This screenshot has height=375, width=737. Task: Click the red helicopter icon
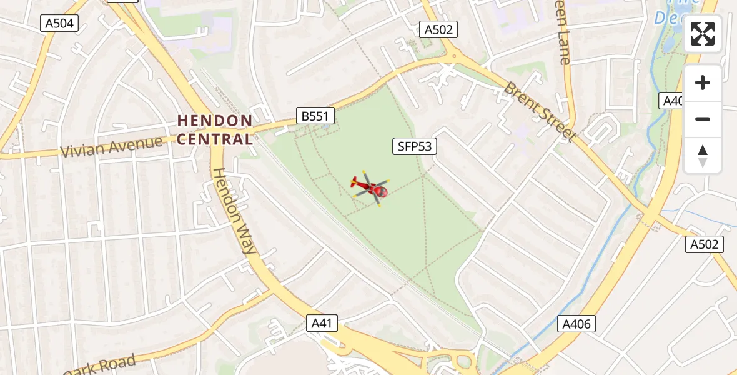[x=370, y=187]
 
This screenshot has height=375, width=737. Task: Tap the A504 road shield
[x=59, y=24]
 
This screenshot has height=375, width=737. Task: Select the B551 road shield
[x=315, y=116]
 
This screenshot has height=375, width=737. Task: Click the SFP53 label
[x=414, y=146]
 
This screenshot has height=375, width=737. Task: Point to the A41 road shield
[x=323, y=323]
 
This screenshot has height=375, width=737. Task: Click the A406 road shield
[x=576, y=324]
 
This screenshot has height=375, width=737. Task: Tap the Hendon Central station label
[x=215, y=129]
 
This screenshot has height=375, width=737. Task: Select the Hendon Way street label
[x=234, y=211]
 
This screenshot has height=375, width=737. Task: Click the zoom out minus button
[x=703, y=119]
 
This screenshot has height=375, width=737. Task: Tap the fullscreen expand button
[x=703, y=34]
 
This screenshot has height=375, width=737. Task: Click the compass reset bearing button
[x=703, y=156]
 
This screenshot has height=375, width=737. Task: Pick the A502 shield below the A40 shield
[x=704, y=244]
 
